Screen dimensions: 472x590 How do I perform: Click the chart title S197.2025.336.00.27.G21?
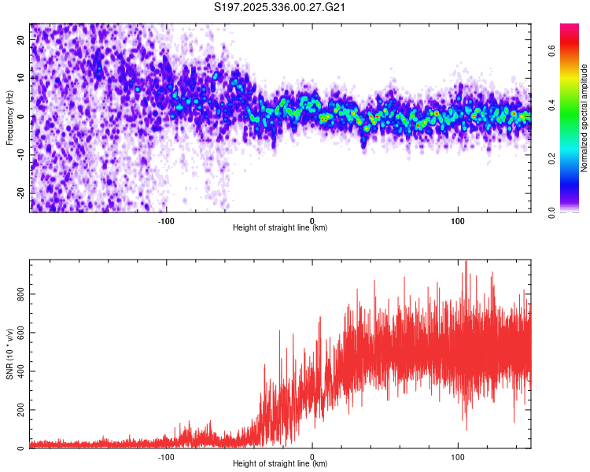pos(282,7)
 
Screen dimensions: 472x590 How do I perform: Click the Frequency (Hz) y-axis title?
pos(9,117)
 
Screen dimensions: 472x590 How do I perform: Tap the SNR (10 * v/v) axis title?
pos(9,354)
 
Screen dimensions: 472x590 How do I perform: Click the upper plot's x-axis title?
pos(280,228)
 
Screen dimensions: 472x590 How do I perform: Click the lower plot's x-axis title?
pos(280,464)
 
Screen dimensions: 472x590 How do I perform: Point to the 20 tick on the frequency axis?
pos(21,41)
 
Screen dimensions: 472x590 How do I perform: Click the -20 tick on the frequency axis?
pos(20,192)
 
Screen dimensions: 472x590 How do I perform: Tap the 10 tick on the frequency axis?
pos(21,79)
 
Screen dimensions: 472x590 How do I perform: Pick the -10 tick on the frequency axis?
pos(20,154)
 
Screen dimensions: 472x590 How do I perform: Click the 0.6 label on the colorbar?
pos(552,52)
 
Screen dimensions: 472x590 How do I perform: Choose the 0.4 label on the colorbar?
pos(552,105)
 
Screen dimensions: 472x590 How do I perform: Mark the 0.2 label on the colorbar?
pos(552,159)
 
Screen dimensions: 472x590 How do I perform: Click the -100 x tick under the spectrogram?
pos(165,220)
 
